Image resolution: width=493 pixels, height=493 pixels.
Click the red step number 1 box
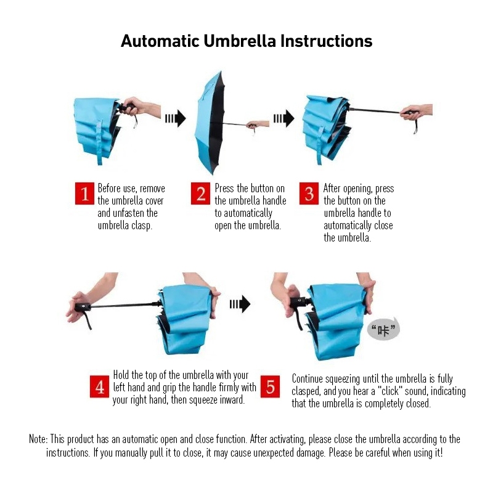coord(84,194)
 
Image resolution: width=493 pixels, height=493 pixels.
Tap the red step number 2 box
coord(200,194)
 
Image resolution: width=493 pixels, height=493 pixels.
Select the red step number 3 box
coord(309,194)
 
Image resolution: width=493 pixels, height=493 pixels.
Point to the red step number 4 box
coord(99,386)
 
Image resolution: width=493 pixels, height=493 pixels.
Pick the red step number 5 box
coord(270,386)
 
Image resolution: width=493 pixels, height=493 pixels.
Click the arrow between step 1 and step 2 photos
coord(176,118)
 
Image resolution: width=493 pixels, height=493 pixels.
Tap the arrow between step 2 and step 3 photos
coord(284,118)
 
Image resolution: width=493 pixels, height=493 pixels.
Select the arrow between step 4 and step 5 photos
coord(240,304)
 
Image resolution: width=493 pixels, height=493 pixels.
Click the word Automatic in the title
coord(160,41)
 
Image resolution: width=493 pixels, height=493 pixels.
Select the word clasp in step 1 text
coord(142,226)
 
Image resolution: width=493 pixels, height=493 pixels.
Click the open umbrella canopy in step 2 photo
coord(210,123)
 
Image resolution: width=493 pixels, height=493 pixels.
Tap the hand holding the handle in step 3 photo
coord(416,112)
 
